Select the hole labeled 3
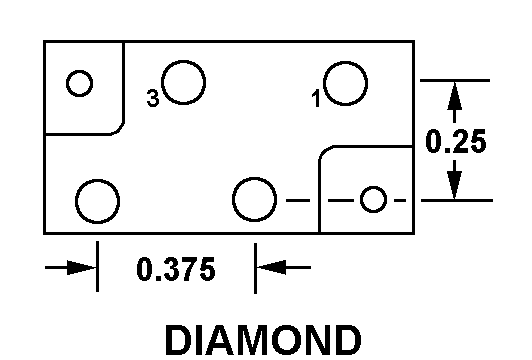(185, 82)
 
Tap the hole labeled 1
(345, 82)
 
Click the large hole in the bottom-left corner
(97, 200)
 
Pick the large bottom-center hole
(254, 200)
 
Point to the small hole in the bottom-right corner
(373, 200)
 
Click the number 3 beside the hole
(152, 98)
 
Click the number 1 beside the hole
(315, 98)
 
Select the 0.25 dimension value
(456, 141)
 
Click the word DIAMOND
(263, 339)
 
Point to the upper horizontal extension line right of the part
(455, 80)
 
